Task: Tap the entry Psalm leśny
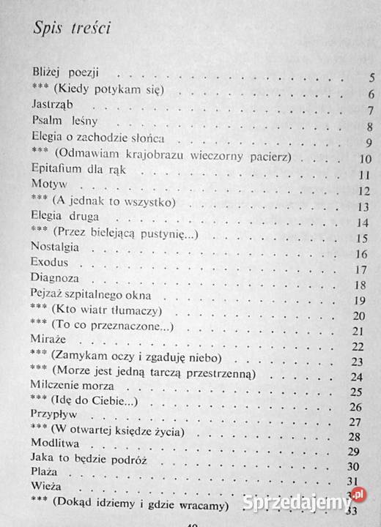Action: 64,122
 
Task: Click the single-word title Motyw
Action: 48,185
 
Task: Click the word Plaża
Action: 45,483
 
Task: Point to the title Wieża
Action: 46,499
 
